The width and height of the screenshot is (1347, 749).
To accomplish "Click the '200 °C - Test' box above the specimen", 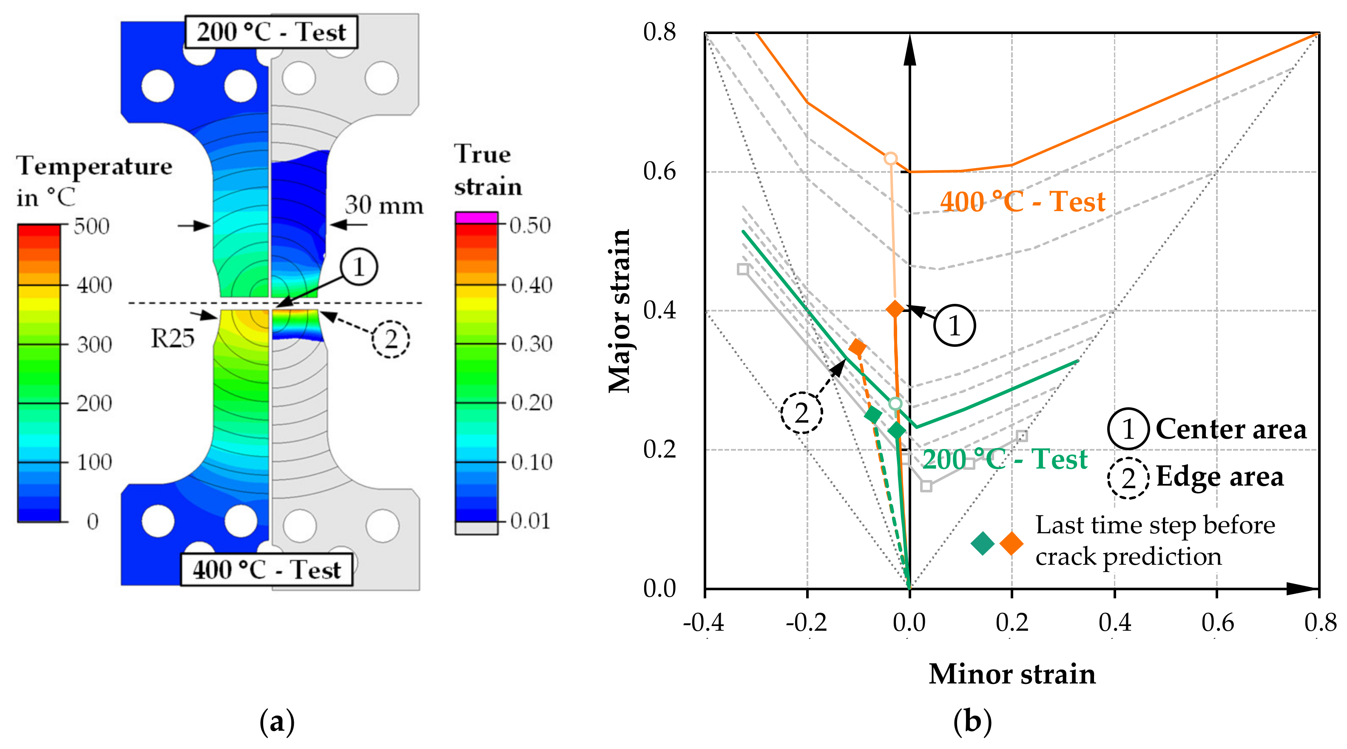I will point(271,32).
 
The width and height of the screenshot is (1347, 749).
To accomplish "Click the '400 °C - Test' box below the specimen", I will point(266,569).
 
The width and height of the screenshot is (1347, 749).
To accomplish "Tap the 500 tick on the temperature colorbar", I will point(91,226).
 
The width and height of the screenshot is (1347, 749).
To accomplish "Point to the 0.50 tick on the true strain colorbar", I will point(530,225).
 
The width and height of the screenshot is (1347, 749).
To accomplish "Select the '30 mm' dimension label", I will point(384,205).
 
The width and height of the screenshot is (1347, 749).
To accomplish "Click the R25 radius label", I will point(173,338).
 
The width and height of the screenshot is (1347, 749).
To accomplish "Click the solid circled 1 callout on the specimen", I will point(359,267).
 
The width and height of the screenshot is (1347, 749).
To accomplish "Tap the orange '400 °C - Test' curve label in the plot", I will point(1022,202).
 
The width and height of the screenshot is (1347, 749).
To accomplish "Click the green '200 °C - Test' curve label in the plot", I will point(1004,460).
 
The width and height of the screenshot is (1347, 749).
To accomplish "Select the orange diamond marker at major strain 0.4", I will point(895,309).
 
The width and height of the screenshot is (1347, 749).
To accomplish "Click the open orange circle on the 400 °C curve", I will point(890,158).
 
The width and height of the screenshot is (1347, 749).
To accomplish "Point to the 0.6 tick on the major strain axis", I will point(659,171).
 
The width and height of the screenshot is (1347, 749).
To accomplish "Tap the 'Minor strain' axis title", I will point(1012,674).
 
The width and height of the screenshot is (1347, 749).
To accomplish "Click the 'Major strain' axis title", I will point(619,310).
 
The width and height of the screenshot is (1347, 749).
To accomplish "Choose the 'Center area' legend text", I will point(1230,429).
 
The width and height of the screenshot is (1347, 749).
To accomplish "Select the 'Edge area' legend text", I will point(1219,476).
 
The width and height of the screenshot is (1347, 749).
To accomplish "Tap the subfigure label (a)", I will point(277,722).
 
